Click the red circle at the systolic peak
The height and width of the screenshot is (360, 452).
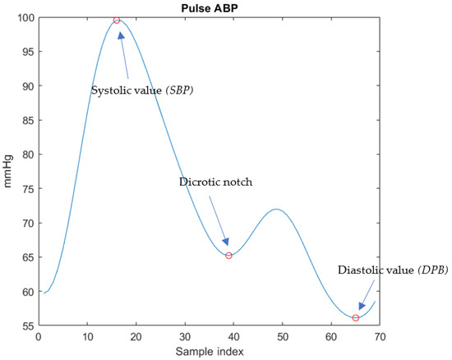coord(117,20)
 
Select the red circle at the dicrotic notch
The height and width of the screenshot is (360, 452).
coord(228,256)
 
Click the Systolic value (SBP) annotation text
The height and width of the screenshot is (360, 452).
coord(147,89)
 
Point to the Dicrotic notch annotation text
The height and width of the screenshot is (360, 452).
coord(215,182)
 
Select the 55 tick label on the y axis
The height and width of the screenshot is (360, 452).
coord(26,326)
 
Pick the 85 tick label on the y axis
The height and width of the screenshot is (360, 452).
coord(26,120)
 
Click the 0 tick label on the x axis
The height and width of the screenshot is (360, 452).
coord(38,337)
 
